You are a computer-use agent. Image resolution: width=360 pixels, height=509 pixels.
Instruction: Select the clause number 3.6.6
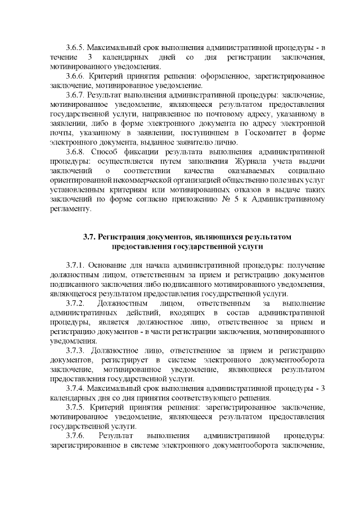(x=76, y=75)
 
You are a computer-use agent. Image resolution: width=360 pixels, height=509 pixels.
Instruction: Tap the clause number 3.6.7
(x=76, y=94)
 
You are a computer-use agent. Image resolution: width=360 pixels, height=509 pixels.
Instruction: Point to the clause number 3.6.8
(x=76, y=151)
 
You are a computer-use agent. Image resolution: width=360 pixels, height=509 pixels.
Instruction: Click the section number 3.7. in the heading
(x=90, y=237)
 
